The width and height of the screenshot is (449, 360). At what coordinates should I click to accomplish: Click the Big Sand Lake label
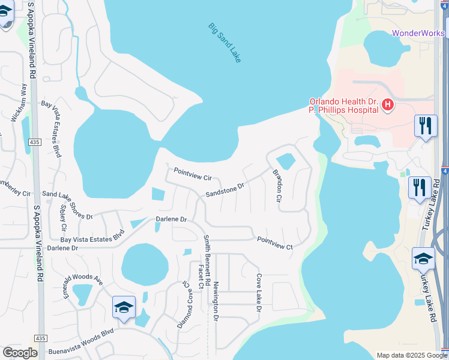tap(224, 43)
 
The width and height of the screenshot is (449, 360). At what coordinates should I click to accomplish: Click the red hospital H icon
tap(388, 106)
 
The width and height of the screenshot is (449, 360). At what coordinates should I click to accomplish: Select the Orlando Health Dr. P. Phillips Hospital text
tap(343, 106)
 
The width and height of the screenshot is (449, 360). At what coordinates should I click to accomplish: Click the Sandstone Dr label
tap(225, 190)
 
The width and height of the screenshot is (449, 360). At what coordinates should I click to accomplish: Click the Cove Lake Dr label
tap(259, 293)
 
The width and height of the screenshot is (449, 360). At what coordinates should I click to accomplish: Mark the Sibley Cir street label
tap(63, 221)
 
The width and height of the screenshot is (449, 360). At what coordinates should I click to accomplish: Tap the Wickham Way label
tap(20, 103)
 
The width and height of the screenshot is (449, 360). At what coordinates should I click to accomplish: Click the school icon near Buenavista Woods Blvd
tap(124, 308)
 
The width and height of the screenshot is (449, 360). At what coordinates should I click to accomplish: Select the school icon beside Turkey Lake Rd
tap(423, 259)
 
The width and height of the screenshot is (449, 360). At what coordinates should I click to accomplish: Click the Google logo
tap(20, 353)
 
